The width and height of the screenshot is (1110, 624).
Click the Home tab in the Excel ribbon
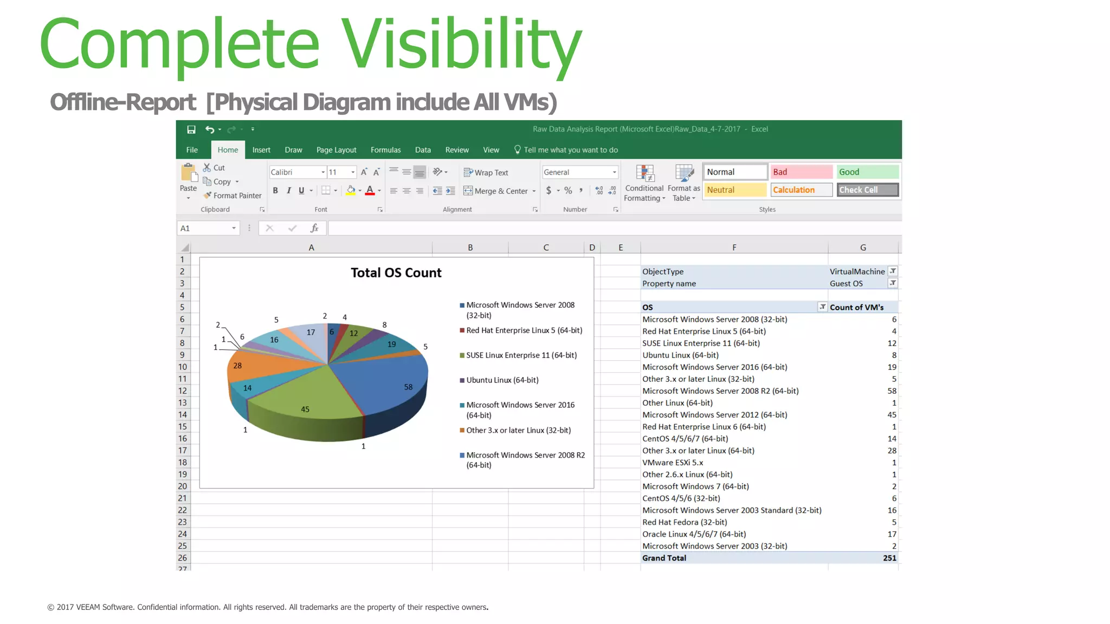tap(228, 150)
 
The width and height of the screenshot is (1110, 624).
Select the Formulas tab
tap(385, 150)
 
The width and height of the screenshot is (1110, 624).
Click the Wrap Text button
tap(486, 173)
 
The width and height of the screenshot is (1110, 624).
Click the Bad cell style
tap(801, 172)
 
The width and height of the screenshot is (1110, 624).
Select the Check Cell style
tap(867, 190)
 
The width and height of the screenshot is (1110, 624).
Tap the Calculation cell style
tap(801, 190)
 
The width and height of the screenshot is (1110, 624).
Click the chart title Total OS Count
tap(396, 273)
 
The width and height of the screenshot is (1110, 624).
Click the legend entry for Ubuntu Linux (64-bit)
tap(502, 380)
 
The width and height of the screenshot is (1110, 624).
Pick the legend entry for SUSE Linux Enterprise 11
tap(521, 355)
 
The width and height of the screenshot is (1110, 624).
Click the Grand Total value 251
tap(889, 558)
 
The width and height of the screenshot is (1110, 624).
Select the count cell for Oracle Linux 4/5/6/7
tap(892, 534)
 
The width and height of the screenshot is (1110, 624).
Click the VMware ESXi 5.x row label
tap(673, 463)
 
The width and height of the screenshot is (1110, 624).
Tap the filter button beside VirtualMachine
tap(893, 271)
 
